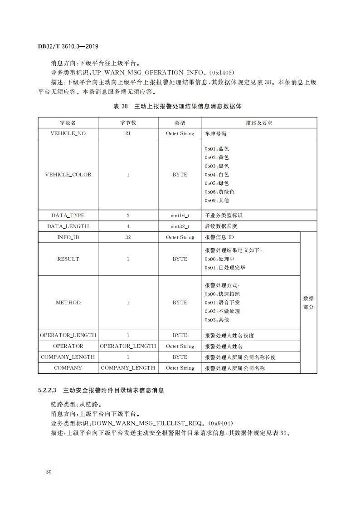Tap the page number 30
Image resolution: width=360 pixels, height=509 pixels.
(49, 472)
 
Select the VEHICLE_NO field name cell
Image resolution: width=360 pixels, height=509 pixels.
(68, 134)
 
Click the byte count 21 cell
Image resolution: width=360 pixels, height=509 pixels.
(128, 134)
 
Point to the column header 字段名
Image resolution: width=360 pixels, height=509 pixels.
(68, 123)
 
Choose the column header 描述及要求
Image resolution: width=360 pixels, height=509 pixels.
(259, 123)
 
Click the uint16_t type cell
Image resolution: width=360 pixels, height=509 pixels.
(180, 215)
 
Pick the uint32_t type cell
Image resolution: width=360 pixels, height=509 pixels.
(180, 226)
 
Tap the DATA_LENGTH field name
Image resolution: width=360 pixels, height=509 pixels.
(68, 226)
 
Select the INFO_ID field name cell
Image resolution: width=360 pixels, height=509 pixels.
(68, 237)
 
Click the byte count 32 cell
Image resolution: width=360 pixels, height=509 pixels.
(128, 237)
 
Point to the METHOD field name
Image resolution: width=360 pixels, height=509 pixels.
(68, 303)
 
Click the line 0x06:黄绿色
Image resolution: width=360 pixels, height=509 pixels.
(219, 192)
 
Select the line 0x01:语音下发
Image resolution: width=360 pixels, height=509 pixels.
(222, 303)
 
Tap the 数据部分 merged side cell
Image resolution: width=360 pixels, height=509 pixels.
(308, 303)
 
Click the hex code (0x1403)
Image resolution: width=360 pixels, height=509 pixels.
(219, 72)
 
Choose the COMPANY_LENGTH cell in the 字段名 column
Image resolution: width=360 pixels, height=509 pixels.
(68, 357)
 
